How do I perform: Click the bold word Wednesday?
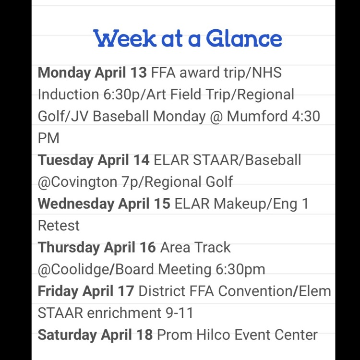(75, 204)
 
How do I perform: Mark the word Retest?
(59, 226)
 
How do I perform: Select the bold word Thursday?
(69, 247)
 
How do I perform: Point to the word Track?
(212, 247)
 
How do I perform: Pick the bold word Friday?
(58, 291)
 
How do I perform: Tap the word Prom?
(175, 335)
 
